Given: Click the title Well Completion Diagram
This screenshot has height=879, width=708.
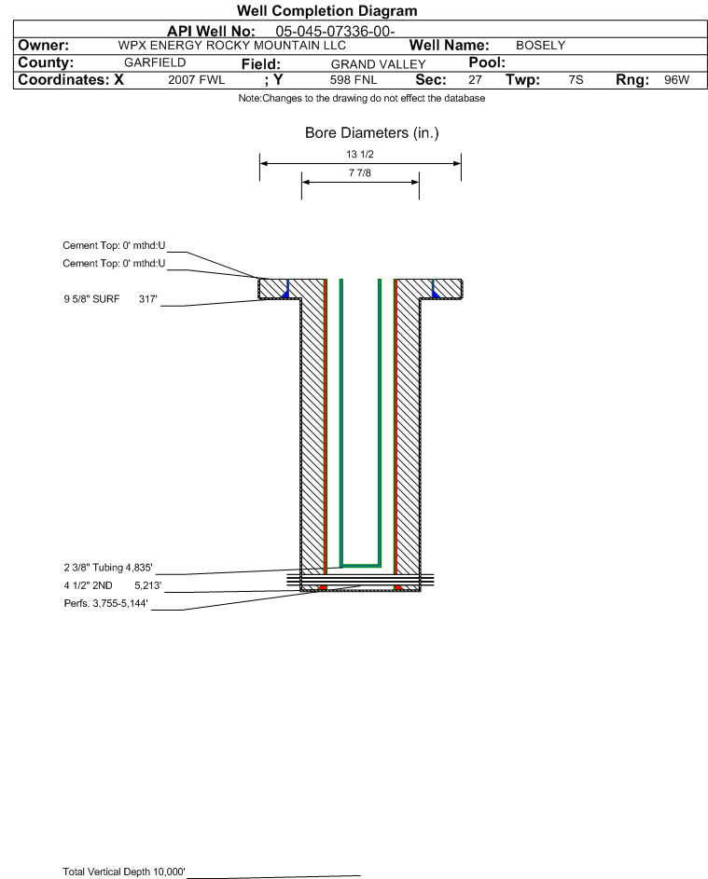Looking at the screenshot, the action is [x=326, y=10].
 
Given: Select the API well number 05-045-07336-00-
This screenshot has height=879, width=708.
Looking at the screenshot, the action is [x=335, y=32].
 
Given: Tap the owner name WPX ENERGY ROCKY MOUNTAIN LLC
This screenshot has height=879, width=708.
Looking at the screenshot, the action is [x=231, y=46].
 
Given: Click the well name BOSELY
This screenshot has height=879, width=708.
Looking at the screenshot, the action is [x=540, y=46].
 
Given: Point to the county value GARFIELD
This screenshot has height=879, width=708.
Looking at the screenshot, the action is [x=155, y=62].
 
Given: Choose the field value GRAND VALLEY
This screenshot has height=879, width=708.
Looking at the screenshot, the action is [x=378, y=64].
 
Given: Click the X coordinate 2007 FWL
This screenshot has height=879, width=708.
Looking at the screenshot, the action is [x=196, y=79].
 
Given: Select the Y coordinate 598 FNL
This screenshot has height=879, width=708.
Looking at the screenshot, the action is [x=354, y=79].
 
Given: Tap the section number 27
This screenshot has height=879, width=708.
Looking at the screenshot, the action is [x=475, y=79].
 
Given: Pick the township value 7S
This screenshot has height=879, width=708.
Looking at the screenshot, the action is [x=576, y=79].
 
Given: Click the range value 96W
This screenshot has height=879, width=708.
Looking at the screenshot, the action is [x=676, y=79].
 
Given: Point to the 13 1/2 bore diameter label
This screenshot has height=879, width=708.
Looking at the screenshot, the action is [x=360, y=154].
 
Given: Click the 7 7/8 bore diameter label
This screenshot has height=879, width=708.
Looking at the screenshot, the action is [x=360, y=172].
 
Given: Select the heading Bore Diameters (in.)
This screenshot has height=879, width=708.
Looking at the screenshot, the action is [x=372, y=133].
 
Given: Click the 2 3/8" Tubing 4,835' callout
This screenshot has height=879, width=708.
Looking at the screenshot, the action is [x=107, y=568].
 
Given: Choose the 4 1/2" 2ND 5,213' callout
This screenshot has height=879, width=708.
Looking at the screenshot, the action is [x=112, y=585].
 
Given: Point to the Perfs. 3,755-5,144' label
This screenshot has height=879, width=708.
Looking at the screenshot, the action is [x=105, y=603].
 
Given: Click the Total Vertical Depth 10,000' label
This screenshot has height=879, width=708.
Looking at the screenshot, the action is [x=123, y=872].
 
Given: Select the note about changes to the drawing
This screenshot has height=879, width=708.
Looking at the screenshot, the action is [x=362, y=98].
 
